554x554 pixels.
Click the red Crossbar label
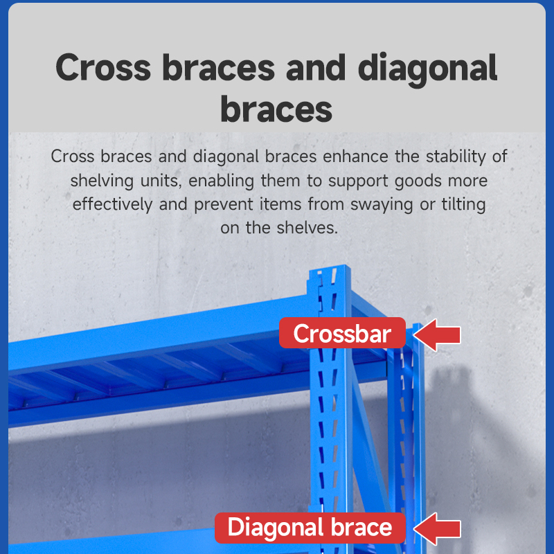coord(342,333)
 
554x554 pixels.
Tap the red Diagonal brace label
coord(310,528)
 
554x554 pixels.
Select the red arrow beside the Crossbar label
coord(437,334)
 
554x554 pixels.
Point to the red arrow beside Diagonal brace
coord(437,528)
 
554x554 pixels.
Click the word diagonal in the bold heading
coord(427,68)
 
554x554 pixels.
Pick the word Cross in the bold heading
coord(103,67)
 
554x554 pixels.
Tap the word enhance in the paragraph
coord(355,157)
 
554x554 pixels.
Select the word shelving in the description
coord(102,181)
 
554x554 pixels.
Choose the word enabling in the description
coord(221,181)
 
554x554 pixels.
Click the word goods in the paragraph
coord(418,181)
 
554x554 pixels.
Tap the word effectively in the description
coord(112,204)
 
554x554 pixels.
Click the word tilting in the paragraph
coord(463,204)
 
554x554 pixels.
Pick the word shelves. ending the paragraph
coord(307,228)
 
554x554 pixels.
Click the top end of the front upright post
coord(330,267)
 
